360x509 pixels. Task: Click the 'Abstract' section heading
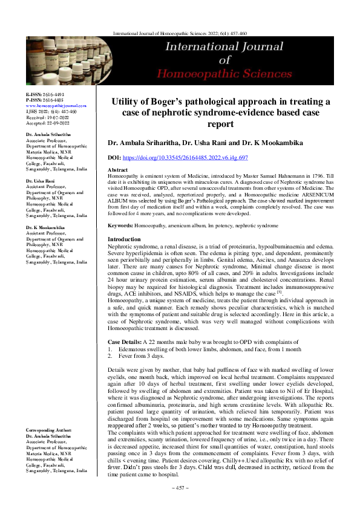[117, 170]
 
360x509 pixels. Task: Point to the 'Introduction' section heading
[123, 239]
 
